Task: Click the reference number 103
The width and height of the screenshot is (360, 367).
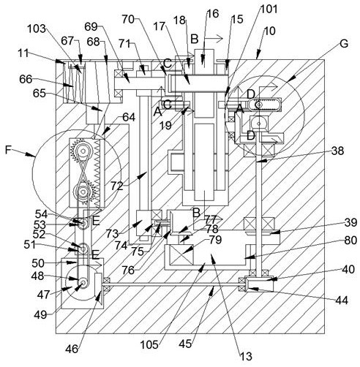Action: pyautogui.click(x=37, y=29)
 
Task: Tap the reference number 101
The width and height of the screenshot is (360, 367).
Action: pyautogui.click(x=269, y=10)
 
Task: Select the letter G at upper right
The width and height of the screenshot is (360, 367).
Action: pyautogui.click(x=344, y=44)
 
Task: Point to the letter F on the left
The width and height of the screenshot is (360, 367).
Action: pyautogui.click(x=8, y=150)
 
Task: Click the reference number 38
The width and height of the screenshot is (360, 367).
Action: pyautogui.click(x=337, y=151)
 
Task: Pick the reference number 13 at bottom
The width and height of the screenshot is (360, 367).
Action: pyautogui.click(x=246, y=356)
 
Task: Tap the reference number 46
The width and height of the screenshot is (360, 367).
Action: pyautogui.click(x=72, y=349)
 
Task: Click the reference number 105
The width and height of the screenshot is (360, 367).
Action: pyautogui.click(x=149, y=344)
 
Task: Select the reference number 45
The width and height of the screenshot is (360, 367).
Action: pyautogui.click(x=185, y=344)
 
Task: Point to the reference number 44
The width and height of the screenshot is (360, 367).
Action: pyautogui.click(x=342, y=300)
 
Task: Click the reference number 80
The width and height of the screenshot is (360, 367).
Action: pyautogui.click(x=350, y=240)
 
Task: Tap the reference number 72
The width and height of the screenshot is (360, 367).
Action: pyautogui.click(x=117, y=186)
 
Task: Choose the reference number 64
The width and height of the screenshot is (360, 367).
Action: pyautogui.click(x=129, y=117)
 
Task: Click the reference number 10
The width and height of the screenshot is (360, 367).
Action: pyautogui.click(x=269, y=31)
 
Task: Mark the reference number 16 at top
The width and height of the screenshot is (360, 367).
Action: pyautogui.click(x=213, y=14)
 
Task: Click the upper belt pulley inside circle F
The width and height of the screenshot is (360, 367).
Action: pyautogui.click(x=83, y=152)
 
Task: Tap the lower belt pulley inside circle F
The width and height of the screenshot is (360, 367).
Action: pyautogui.click(x=83, y=192)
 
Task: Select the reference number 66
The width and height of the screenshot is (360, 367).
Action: pyautogui.click(x=26, y=79)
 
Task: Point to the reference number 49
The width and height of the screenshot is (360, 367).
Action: pyautogui.click(x=40, y=315)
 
